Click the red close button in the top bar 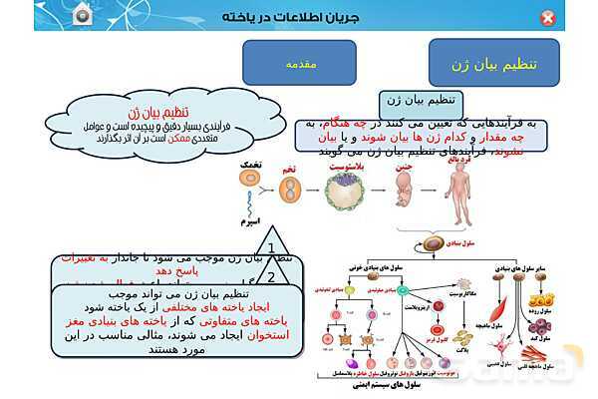pos(575,18)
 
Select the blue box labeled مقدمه pos(300,64)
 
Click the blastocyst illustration pos(348,191)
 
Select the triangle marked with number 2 pos(270,281)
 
